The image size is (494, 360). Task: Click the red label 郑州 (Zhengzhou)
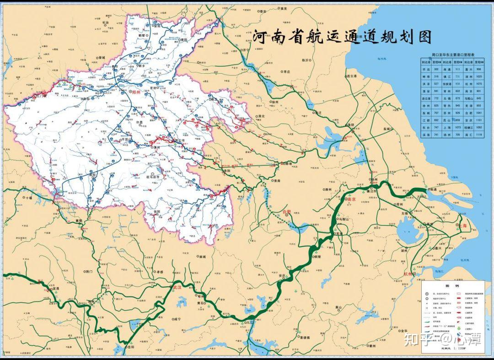(x=136, y=91)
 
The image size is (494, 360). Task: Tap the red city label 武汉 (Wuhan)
(x=177, y=287)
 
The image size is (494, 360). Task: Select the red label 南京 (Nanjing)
(x=351, y=199)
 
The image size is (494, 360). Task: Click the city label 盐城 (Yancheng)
(x=387, y=129)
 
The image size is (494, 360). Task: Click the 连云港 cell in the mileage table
(x=427, y=98)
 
